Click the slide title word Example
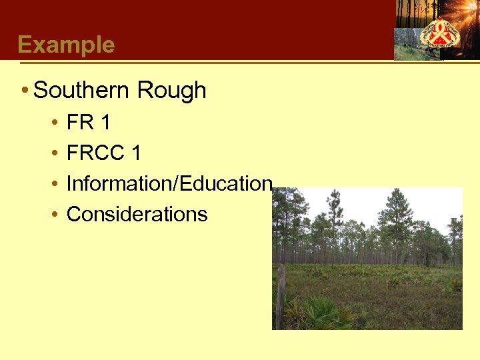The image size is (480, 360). pyautogui.click(x=66, y=45)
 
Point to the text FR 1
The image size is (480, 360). pyautogui.click(x=89, y=123)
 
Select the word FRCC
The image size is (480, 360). pyautogui.click(x=96, y=153)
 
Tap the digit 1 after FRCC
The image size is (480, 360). pyautogui.click(x=136, y=153)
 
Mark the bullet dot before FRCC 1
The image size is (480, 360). pyautogui.click(x=54, y=154)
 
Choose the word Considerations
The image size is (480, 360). pyautogui.click(x=137, y=214)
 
